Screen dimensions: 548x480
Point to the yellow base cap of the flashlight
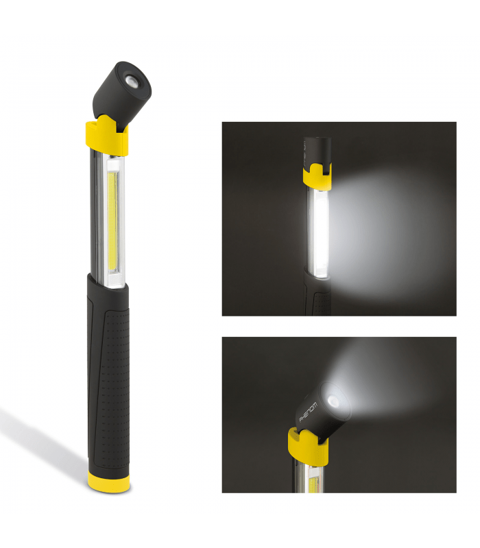click(110, 482)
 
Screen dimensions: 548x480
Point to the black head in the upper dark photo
click(317, 147)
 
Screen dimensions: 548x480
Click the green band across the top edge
click(240, 16)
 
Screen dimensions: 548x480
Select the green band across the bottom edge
click(240, 531)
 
